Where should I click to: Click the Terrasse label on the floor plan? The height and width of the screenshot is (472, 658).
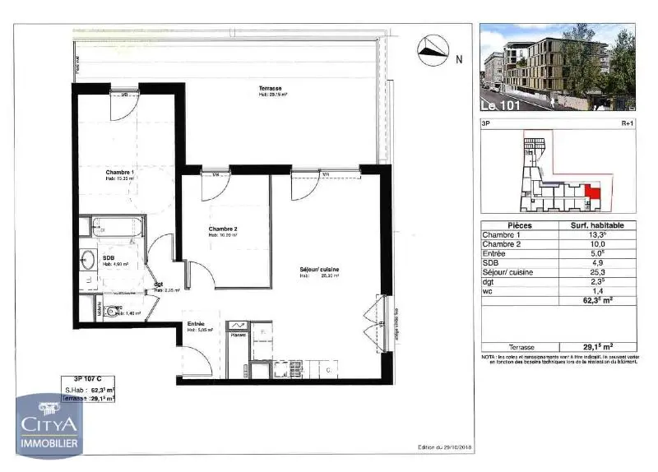click(x=271, y=87)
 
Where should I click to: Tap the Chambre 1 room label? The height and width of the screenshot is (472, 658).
click(x=119, y=172)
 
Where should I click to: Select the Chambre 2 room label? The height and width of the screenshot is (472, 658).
click(x=223, y=229)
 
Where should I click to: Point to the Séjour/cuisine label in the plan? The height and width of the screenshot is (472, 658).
click(x=319, y=270)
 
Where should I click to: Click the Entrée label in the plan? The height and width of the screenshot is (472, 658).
click(x=196, y=324)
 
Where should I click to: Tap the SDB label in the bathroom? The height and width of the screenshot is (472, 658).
click(x=108, y=258)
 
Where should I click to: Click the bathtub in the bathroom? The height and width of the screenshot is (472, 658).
click(x=118, y=225)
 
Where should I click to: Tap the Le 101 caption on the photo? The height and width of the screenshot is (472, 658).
click(x=500, y=106)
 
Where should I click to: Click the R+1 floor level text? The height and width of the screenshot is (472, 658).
click(x=627, y=124)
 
